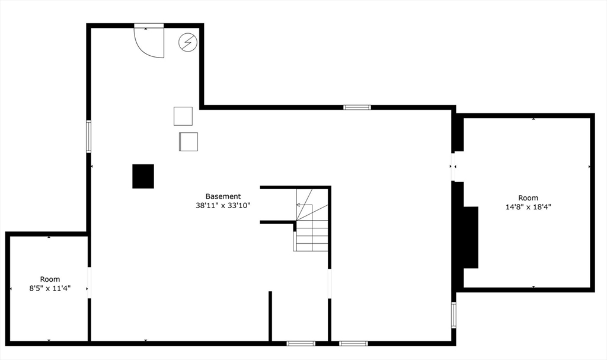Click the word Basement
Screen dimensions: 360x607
click(x=223, y=196)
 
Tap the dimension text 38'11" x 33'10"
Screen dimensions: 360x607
click(x=223, y=206)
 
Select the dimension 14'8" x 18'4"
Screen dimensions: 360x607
click(x=528, y=207)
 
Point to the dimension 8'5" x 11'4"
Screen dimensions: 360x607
click(x=50, y=288)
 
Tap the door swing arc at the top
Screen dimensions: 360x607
click(x=148, y=42)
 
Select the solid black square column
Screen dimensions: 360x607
click(x=143, y=176)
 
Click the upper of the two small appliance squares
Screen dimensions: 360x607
click(x=183, y=116)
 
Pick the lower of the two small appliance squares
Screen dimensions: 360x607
click(x=189, y=142)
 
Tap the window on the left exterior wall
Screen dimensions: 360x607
click(x=88, y=136)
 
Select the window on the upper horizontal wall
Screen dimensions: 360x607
click(x=357, y=107)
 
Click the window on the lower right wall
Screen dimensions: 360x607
click(x=453, y=315)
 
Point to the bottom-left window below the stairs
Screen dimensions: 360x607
click(x=301, y=343)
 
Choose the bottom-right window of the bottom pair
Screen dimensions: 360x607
click(x=353, y=343)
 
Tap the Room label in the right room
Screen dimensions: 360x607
click(x=528, y=198)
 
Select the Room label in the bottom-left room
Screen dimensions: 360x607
click(x=50, y=279)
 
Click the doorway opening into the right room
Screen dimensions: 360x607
click(x=453, y=167)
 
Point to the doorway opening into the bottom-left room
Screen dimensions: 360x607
click(x=89, y=283)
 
